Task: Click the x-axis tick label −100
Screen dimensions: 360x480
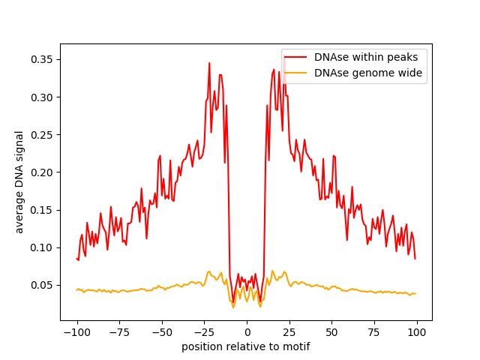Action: pyautogui.click(x=76, y=332)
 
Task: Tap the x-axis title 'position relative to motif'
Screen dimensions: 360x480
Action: pyautogui.click(x=246, y=346)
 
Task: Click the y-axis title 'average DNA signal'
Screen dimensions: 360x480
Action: pyautogui.click(x=20, y=182)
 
